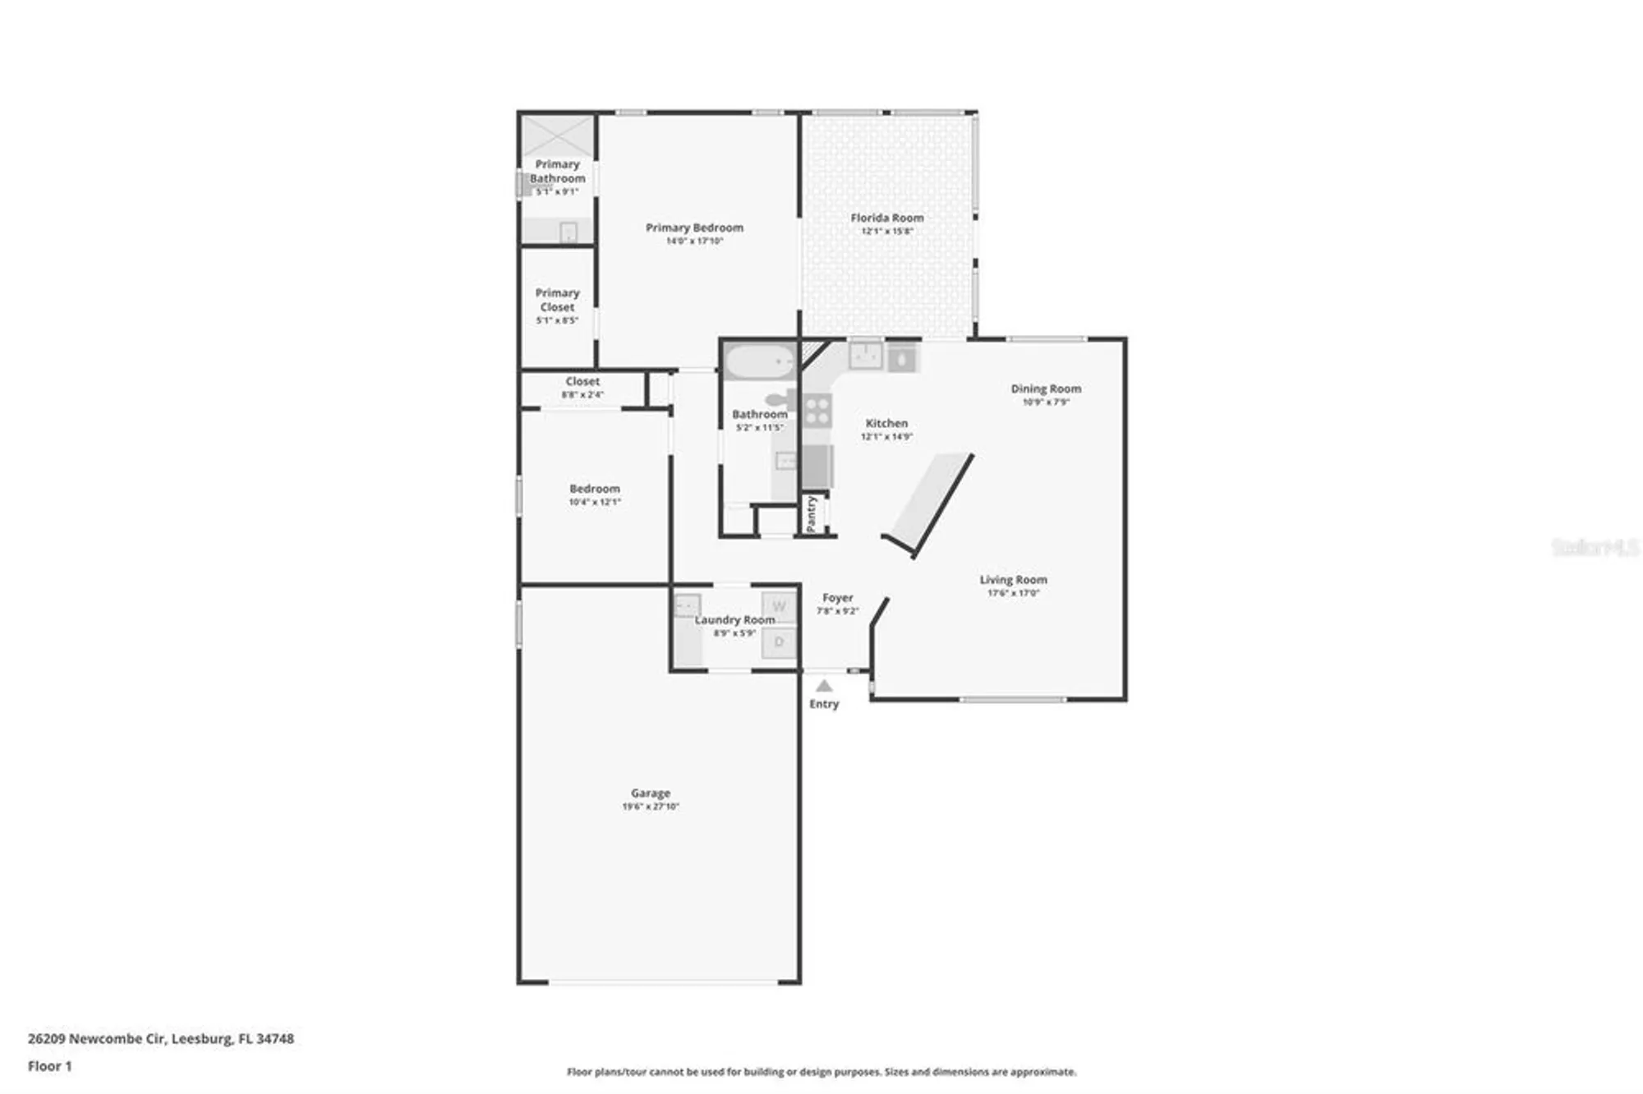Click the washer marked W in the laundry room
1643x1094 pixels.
[779, 607]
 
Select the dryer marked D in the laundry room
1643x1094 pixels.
[779, 642]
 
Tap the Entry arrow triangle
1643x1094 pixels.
[824, 686]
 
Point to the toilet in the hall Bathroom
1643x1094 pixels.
[783, 400]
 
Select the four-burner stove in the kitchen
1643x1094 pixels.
[817, 410]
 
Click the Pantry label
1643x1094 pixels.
[812, 513]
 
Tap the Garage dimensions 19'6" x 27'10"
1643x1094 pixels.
[651, 807]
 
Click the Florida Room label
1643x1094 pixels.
[886, 218]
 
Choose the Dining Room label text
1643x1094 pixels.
[1046, 388]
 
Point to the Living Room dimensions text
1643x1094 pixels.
[1013, 593]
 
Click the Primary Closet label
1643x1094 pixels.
[557, 300]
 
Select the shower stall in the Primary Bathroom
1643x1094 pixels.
[559, 136]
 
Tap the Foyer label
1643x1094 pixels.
[837, 598]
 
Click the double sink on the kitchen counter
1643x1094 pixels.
[865, 356]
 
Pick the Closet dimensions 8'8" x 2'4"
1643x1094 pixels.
[582, 395]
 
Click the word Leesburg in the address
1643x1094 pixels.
[201, 1038]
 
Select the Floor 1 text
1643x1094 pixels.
[50, 1066]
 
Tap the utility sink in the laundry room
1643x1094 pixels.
[687, 605]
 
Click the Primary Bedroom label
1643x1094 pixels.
[694, 228]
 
